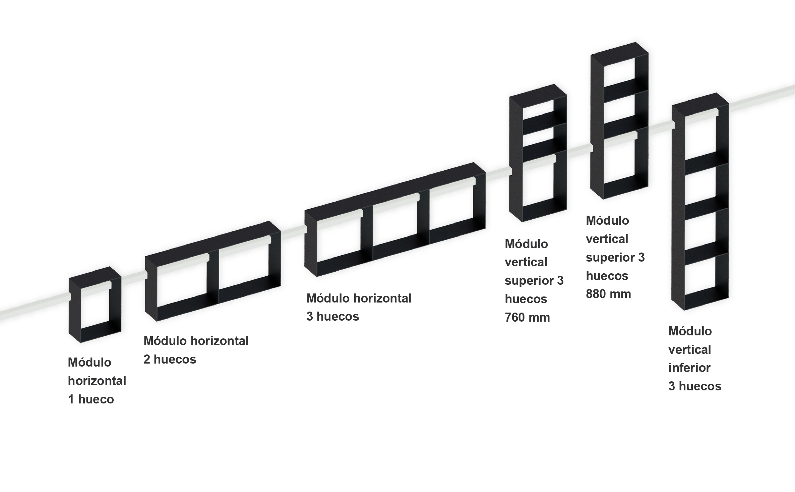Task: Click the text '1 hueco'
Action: [x=91, y=399]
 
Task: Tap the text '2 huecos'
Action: [x=170, y=359]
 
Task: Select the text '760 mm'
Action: [x=527, y=317]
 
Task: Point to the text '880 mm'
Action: [x=608, y=294]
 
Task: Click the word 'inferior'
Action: [x=689, y=368]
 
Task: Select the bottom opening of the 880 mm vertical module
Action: [x=619, y=161]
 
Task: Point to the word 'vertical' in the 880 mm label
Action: [x=607, y=239]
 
